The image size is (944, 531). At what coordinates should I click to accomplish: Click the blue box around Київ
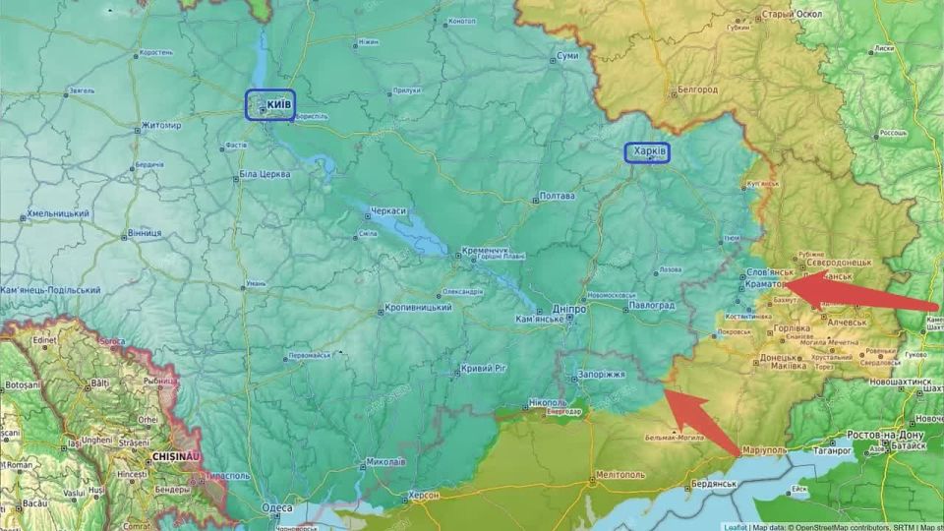point(270,104)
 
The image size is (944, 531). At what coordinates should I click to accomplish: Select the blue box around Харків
point(647,152)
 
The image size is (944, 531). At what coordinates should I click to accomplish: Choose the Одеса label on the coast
point(276,508)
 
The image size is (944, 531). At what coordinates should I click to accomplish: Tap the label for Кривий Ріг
point(485,369)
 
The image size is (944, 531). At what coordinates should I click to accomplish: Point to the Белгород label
point(697,90)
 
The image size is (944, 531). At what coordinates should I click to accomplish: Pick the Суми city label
point(567,57)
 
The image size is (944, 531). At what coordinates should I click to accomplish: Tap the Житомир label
point(161,126)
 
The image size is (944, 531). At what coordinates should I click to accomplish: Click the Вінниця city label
point(144,234)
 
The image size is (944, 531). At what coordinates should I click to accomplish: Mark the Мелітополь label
point(619,474)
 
